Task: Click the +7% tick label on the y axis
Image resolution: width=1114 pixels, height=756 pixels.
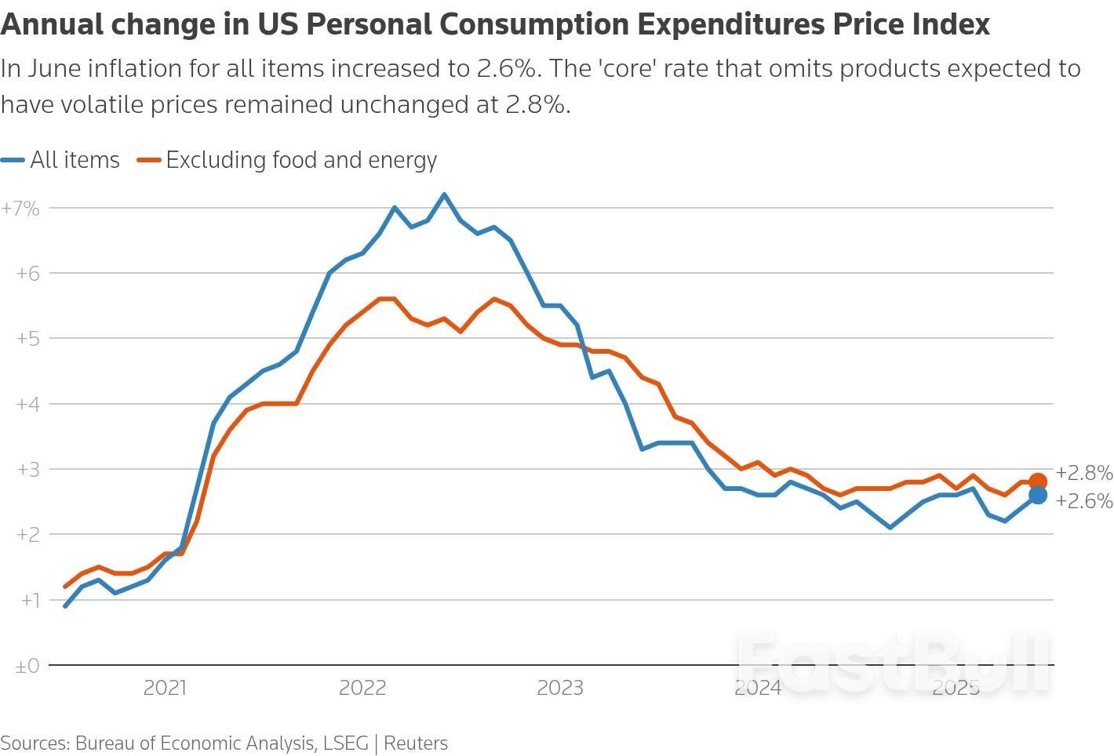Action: pos(20,209)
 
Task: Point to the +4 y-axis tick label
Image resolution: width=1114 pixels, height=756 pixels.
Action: pos(27,404)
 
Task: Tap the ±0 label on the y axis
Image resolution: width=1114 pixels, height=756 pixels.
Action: pos(27,666)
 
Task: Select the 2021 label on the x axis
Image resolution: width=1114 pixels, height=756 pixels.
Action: pos(165,689)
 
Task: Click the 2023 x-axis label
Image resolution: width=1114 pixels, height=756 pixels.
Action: pos(559,689)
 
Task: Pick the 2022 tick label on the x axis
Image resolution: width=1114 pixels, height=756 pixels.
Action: pos(362,689)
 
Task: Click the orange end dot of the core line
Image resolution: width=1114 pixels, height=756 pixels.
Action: pos(1037,482)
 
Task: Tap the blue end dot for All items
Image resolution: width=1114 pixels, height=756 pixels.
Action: pos(1037,495)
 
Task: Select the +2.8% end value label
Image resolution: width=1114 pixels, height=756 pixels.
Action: pos(1084,473)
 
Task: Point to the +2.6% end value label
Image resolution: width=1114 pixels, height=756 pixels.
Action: pos(1084,501)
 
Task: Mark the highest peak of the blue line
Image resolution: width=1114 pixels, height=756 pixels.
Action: pos(444,194)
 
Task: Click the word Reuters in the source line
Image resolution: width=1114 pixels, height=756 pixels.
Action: pos(416,743)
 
